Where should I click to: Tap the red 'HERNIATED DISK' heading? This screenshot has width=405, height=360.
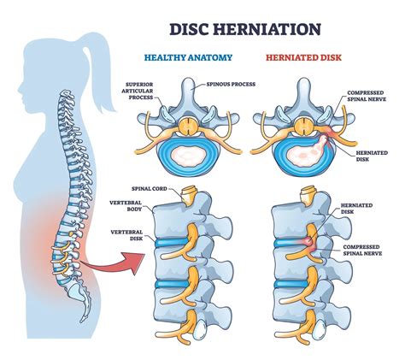coord(299,59)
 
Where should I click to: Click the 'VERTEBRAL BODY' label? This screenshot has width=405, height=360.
coord(132,208)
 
